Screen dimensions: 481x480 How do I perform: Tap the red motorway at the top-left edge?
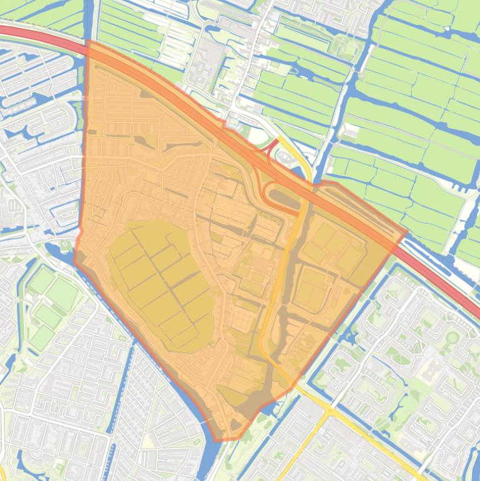coord(37,34)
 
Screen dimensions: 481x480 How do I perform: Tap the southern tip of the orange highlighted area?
coord(218,440)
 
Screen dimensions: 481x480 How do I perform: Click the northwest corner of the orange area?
coord(88,42)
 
